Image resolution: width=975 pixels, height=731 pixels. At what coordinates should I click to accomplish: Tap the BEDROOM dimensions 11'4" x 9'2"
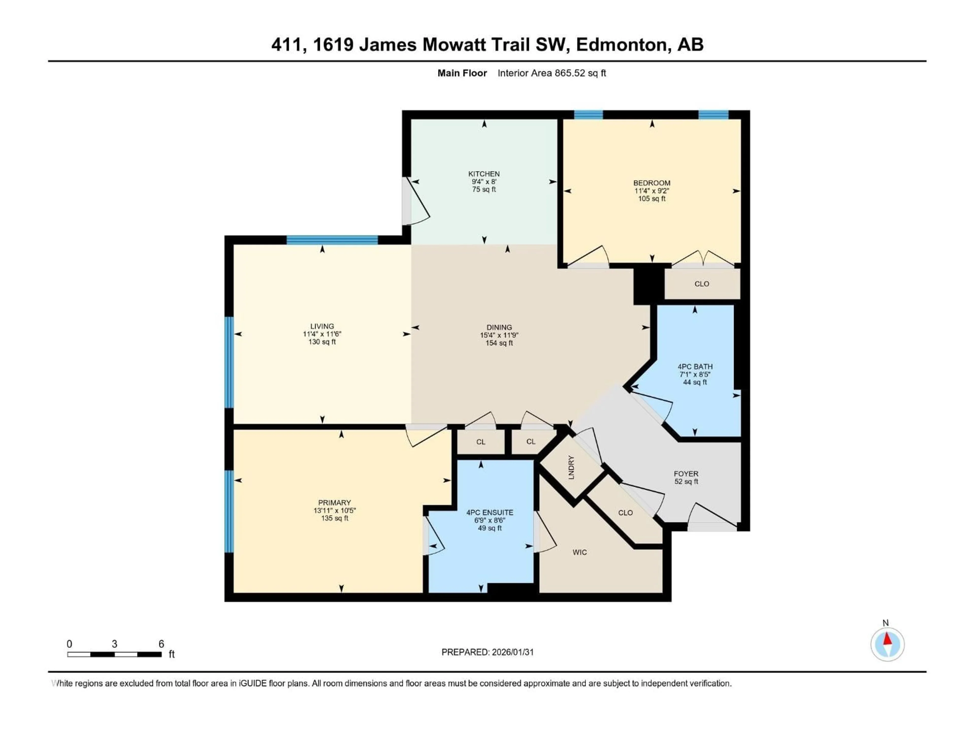tap(652, 191)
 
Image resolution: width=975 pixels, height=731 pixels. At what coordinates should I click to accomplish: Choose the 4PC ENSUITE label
tap(490, 512)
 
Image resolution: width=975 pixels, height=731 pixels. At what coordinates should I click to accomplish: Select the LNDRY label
tap(571, 467)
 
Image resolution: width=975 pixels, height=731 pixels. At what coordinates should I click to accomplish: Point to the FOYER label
tap(686, 474)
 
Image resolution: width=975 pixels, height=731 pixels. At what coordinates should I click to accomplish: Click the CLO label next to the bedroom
tap(702, 284)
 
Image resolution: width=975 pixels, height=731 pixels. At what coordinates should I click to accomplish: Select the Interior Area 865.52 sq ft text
tap(551, 73)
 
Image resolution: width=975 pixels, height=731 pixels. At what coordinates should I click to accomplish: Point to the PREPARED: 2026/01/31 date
tap(487, 652)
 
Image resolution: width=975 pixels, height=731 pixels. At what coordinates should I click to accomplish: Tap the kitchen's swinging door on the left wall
tap(417, 201)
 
